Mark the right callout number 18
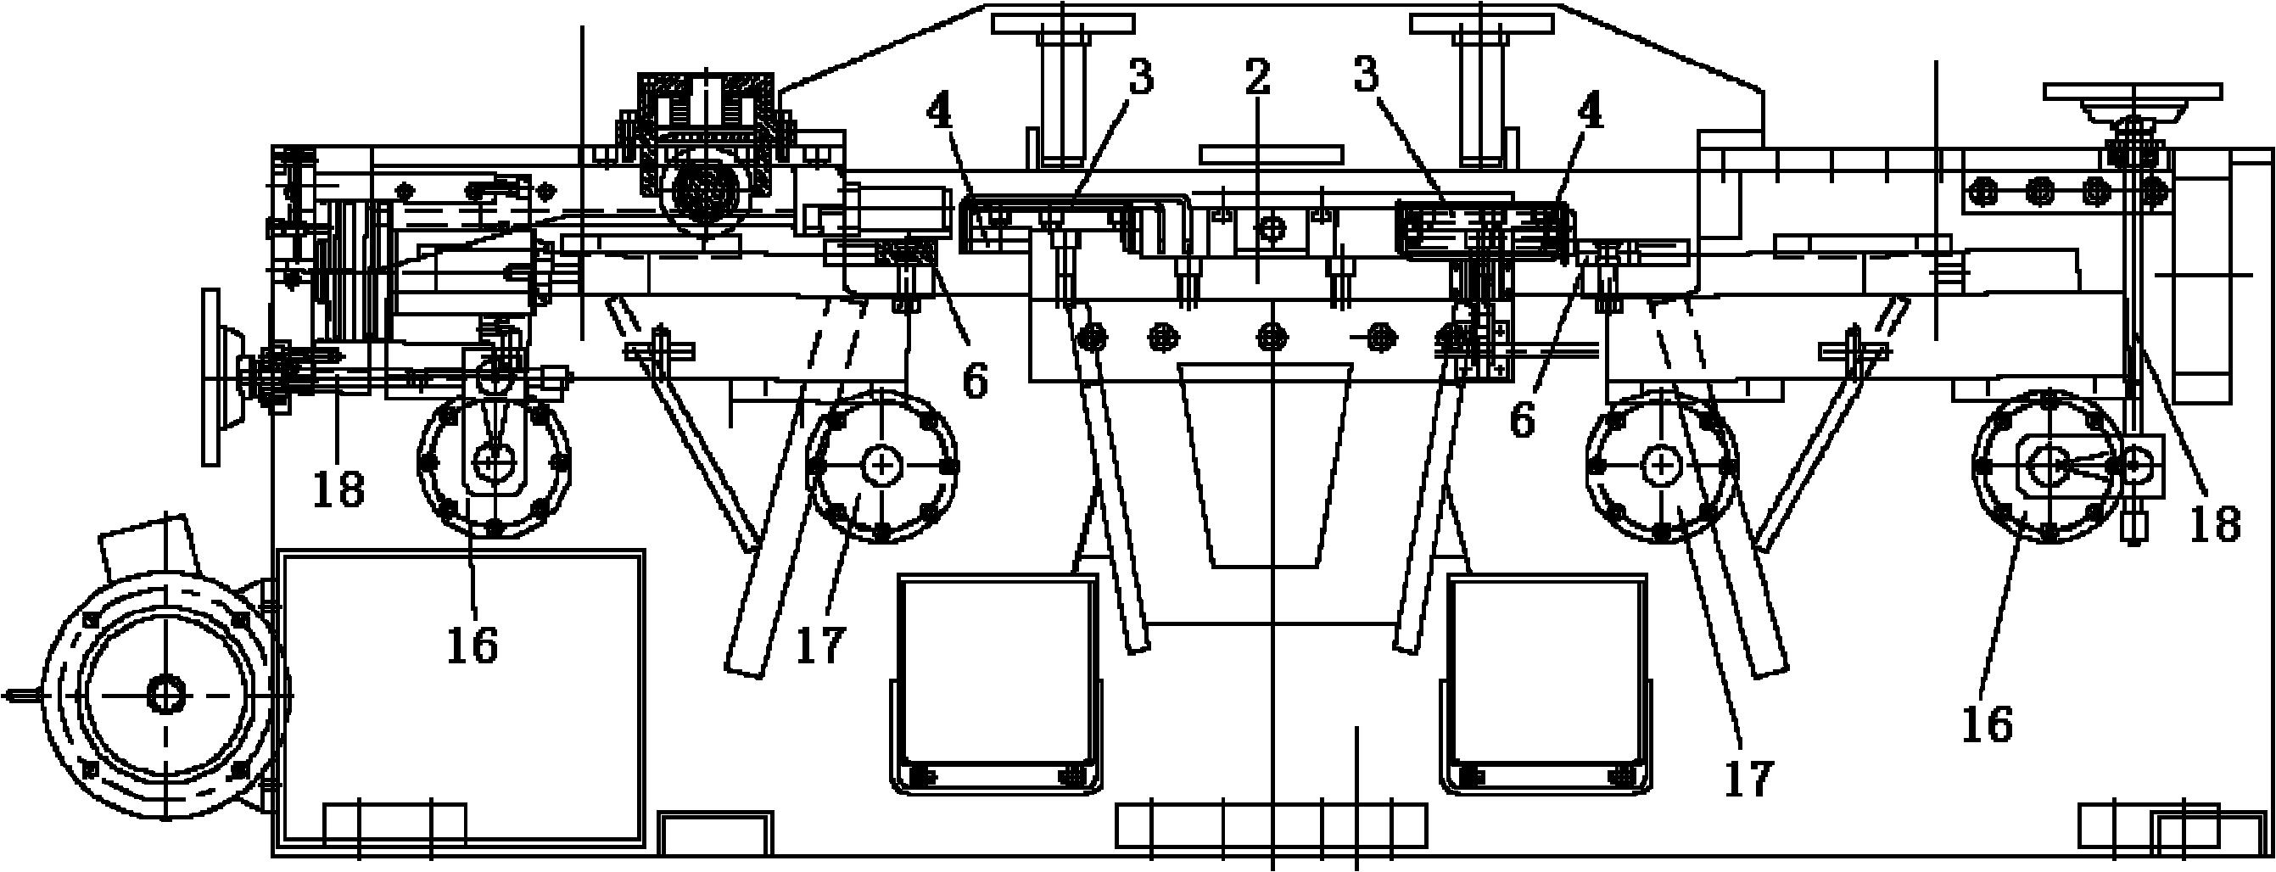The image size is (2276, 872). [x=2215, y=525]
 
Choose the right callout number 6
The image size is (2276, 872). [x=1522, y=421]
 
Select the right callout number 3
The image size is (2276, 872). [x=1366, y=76]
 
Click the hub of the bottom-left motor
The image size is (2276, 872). [x=165, y=696]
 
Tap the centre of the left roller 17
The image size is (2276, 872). [x=881, y=465]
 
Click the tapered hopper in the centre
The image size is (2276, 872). [x=1268, y=464]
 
